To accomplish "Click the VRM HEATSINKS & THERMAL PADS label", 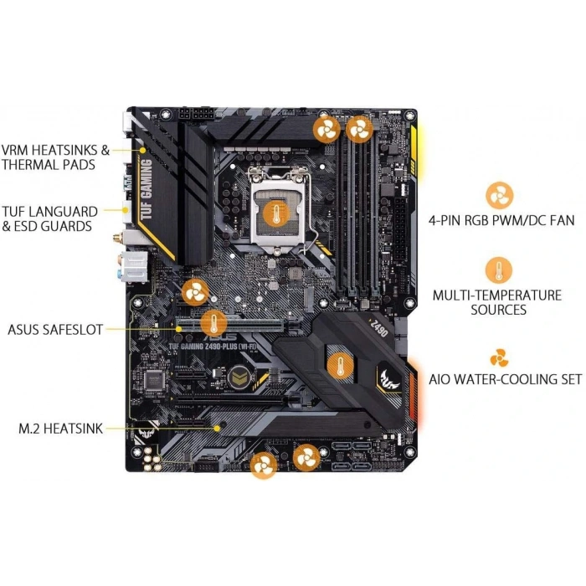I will (x=55, y=157).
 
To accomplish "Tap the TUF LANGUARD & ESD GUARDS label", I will (x=49, y=218).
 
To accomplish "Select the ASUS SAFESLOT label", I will (x=54, y=330).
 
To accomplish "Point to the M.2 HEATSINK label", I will (x=60, y=428).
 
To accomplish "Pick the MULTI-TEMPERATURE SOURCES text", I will (x=496, y=302).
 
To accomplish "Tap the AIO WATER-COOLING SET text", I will (x=505, y=378).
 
